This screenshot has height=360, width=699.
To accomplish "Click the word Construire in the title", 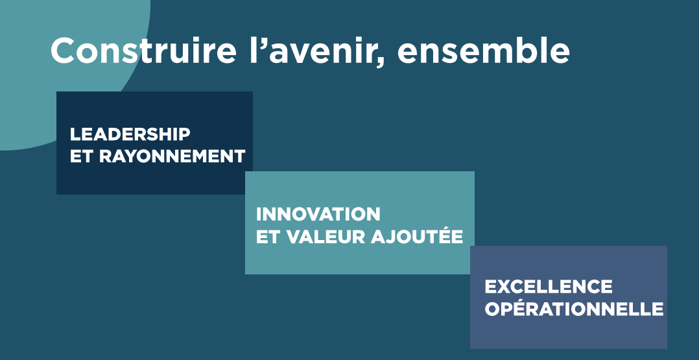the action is [x=143, y=51].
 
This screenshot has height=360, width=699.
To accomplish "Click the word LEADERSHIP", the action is [x=130, y=134].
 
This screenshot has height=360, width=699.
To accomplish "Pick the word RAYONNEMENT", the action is [x=172, y=156].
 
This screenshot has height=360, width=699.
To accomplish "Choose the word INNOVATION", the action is [x=318, y=214].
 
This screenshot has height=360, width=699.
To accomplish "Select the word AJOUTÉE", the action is [x=417, y=235].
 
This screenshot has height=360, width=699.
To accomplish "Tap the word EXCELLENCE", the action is [x=549, y=287].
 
